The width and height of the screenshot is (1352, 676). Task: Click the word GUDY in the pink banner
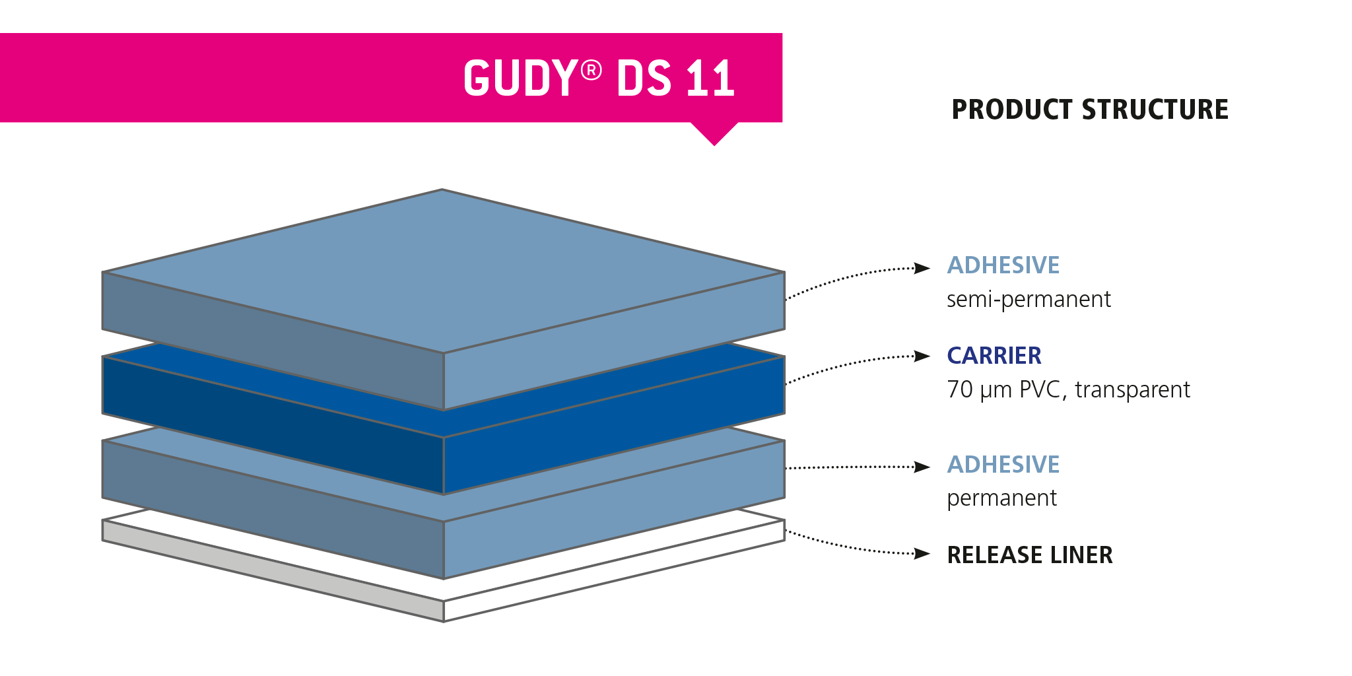tap(520, 79)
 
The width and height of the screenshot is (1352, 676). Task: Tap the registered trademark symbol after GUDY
tap(591, 69)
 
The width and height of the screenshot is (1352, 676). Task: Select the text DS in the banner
tap(644, 79)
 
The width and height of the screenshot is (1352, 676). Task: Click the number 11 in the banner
tap(710, 79)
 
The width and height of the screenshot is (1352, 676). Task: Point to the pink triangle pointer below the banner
tap(714, 132)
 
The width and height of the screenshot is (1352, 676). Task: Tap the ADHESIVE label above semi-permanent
tap(1003, 265)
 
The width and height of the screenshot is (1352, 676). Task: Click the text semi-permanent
tap(1029, 300)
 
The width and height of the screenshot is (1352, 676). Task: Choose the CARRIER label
tap(994, 356)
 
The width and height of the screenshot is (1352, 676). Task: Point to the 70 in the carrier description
tap(960, 389)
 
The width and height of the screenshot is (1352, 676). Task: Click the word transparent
tap(1132, 389)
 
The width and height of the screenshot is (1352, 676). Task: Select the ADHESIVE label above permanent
tap(1003, 465)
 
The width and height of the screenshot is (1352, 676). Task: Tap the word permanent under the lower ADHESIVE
tap(1001, 498)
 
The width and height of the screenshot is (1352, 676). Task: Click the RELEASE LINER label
tap(1030, 555)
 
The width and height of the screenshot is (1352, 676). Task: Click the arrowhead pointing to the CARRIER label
tap(922, 356)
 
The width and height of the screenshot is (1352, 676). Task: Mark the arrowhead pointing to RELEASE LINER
tap(922, 553)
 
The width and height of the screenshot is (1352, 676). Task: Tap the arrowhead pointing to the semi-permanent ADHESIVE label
tap(922, 268)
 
